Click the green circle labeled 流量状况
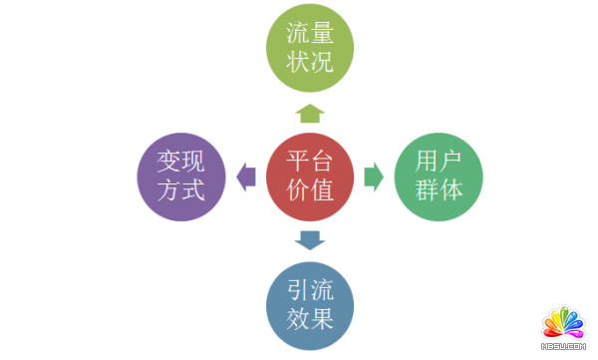[x=310, y=47]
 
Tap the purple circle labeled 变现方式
[x=181, y=176]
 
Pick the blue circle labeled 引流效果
[x=310, y=305]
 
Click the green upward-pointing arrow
[x=310, y=112]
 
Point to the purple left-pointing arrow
[x=246, y=177]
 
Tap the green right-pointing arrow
[x=374, y=177]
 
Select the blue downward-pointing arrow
[x=310, y=240]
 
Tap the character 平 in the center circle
[x=295, y=162]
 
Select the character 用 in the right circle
[x=425, y=162]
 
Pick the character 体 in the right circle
[x=454, y=191]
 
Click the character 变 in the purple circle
[x=166, y=161]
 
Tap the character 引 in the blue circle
[x=295, y=290]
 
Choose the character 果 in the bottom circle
[x=325, y=320]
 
